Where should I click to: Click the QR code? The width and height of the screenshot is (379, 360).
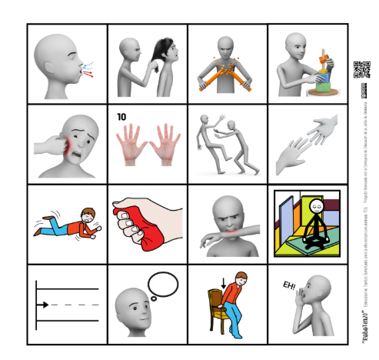[361, 69]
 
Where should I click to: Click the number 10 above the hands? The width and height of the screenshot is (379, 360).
[121, 117]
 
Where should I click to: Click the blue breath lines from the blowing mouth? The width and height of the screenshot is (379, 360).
[88, 67]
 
